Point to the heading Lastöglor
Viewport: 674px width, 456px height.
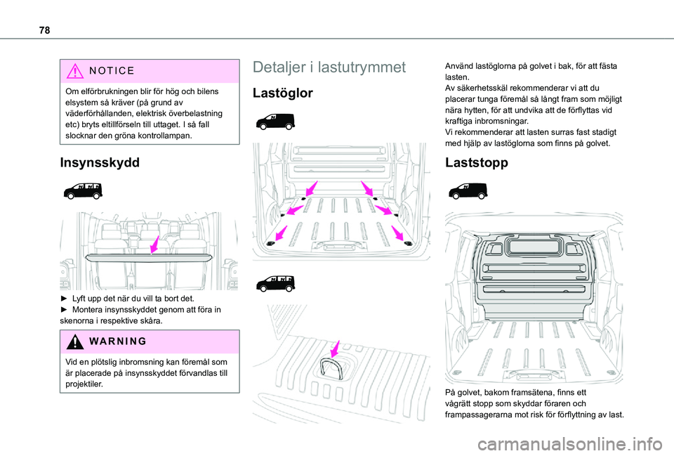(283, 93)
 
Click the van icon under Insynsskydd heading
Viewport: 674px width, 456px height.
(81, 190)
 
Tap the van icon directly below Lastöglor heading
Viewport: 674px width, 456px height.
(275, 121)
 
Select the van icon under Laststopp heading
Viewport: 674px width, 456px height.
(465, 190)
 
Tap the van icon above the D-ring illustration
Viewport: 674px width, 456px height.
(275, 283)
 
